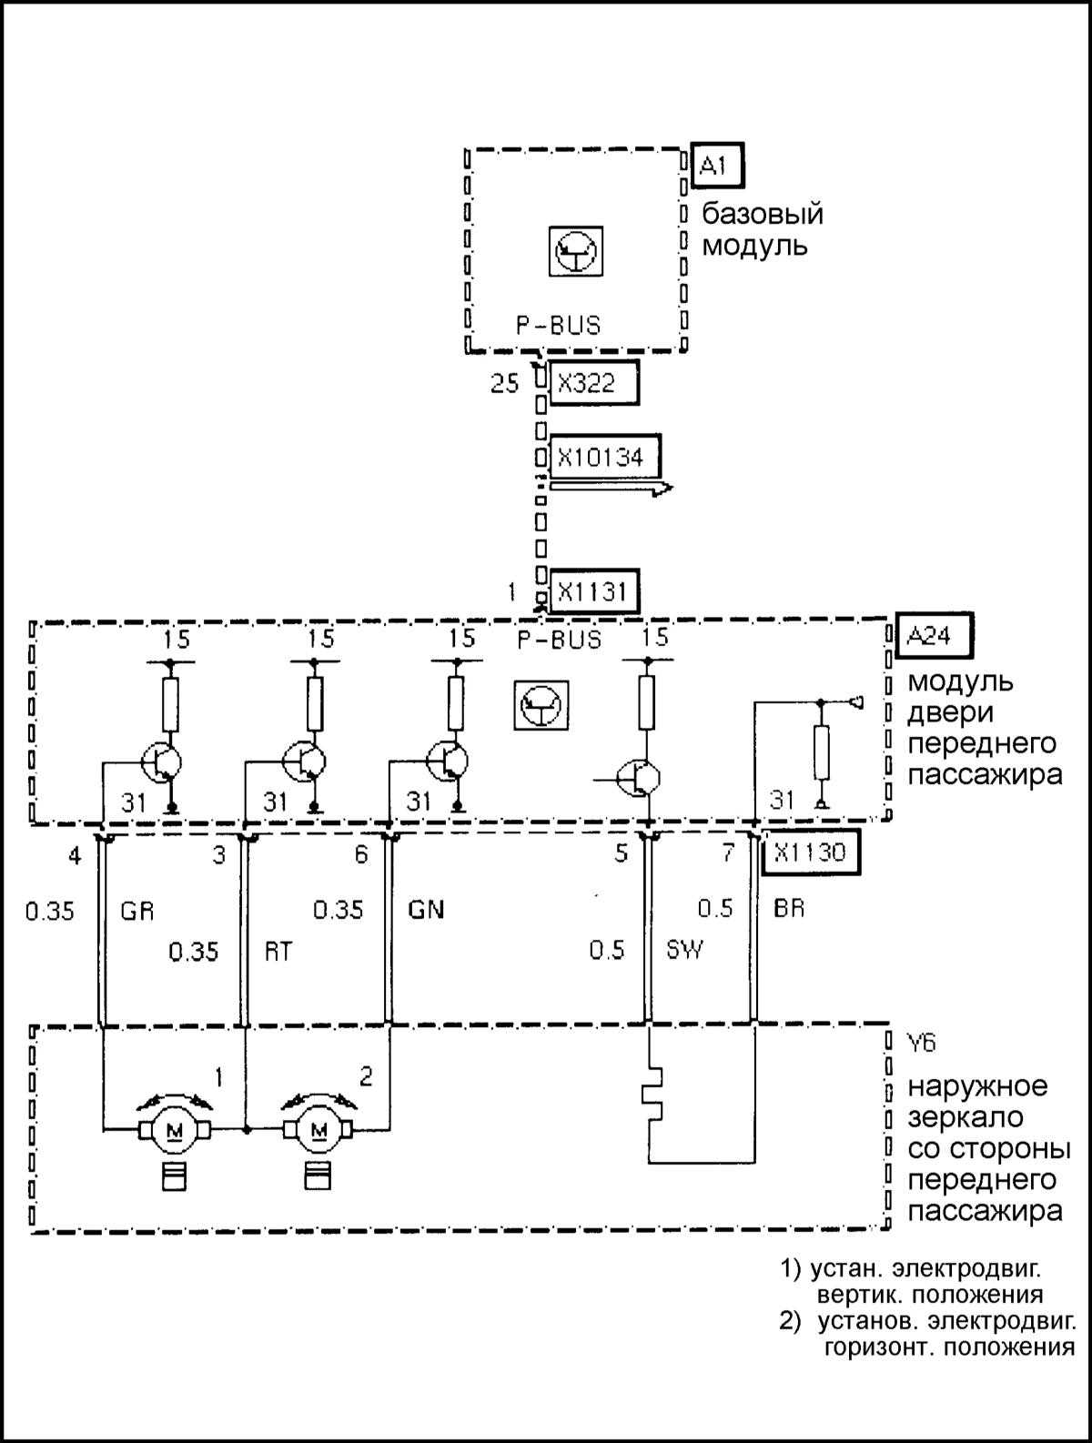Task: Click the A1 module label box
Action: pyautogui.click(x=717, y=165)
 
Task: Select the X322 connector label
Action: pyautogui.click(x=593, y=383)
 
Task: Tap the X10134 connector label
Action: pyautogui.click(x=605, y=456)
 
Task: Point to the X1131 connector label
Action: pyautogui.click(x=593, y=591)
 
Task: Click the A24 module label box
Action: pyautogui.click(x=935, y=635)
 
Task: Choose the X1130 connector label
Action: pyautogui.click(x=810, y=853)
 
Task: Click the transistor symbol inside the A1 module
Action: pyautogui.click(x=576, y=252)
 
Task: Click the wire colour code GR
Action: pyautogui.click(x=137, y=911)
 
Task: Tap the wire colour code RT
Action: pyautogui.click(x=278, y=952)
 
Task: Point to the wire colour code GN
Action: pyautogui.click(x=426, y=909)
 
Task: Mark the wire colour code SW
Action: pyautogui.click(x=684, y=949)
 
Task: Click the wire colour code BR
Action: pyautogui.click(x=789, y=908)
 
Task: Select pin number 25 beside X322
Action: pyautogui.click(x=504, y=383)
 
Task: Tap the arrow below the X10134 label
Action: pyautogui.click(x=611, y=487)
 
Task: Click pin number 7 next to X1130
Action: pyautogui.click(x=728, y=853)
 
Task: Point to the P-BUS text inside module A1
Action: pyautogui.click(x=558, y=326)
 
